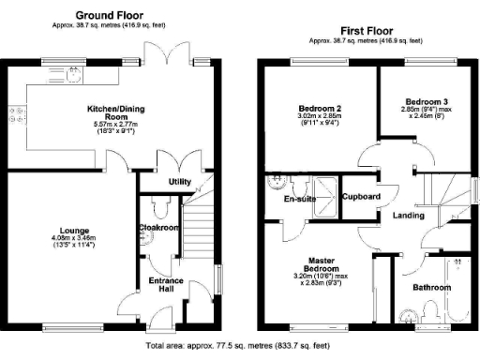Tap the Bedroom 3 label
(427, 102)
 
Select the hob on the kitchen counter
(16, 117)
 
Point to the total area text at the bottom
(240, 347)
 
